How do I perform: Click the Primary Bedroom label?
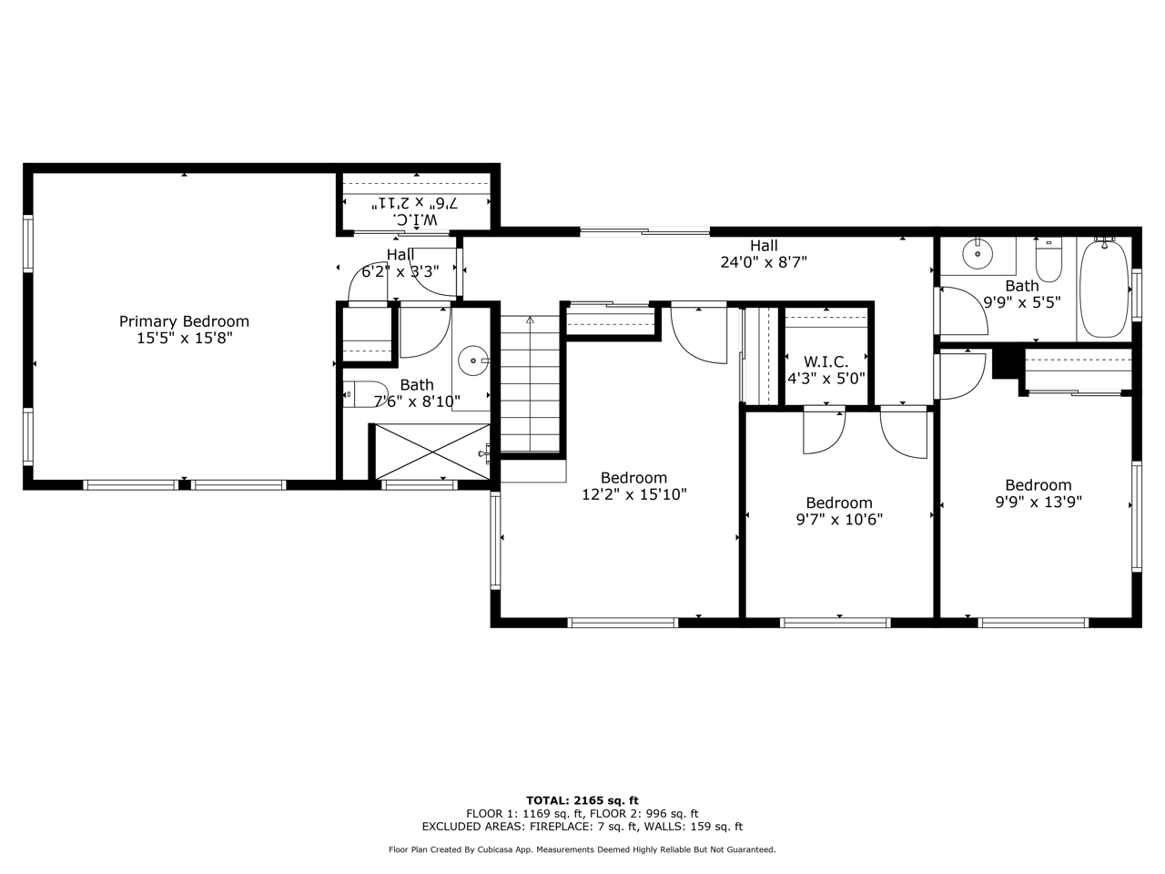coord(184,321)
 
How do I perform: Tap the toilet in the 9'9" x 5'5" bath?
coord(1048,260)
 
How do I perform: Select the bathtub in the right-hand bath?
coord(1104,289)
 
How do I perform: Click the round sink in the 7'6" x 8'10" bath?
coord(473,361)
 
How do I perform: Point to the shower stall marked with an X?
coord(432,452)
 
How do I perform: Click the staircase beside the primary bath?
coord(530,384)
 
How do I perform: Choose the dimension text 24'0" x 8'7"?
coord(764,262)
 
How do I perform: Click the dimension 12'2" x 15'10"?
coord(634,494)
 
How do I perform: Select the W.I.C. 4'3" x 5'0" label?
coord(826,370)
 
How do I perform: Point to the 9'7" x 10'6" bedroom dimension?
coord(839,519)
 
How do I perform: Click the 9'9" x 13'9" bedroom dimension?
coord(1038,502)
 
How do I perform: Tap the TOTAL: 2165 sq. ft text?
coord(582,800)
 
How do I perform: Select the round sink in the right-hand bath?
coord(978,255)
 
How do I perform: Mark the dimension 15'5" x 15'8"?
coord(185,338)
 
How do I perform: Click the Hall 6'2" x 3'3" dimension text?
coord(400,271)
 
